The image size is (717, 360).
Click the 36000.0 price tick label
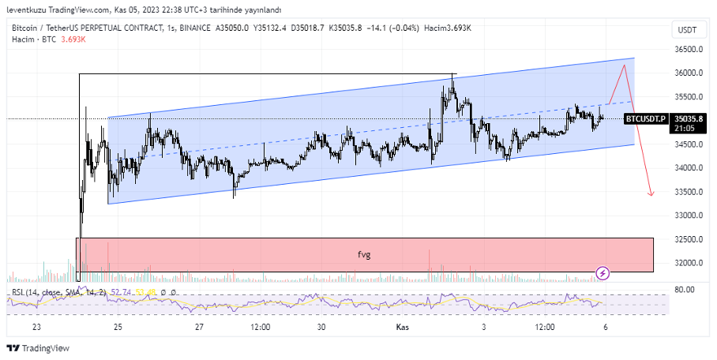click(689, 73)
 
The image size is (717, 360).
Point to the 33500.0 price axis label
click(689, 192)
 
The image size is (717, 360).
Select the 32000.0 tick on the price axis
click(689, 263)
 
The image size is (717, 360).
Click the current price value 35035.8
click(689, 118)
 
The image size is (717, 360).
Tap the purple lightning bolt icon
click(603, 273)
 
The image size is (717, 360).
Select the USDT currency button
click(688, 30)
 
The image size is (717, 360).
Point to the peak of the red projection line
click(625, 65)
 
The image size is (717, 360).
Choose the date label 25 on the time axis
click(118, 326)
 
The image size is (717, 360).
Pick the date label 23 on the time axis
click(36, 326)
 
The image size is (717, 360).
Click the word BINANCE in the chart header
click(195, 28)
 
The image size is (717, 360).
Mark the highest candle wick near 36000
click(452, 74)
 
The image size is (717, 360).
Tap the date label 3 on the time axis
click(483, 326)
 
